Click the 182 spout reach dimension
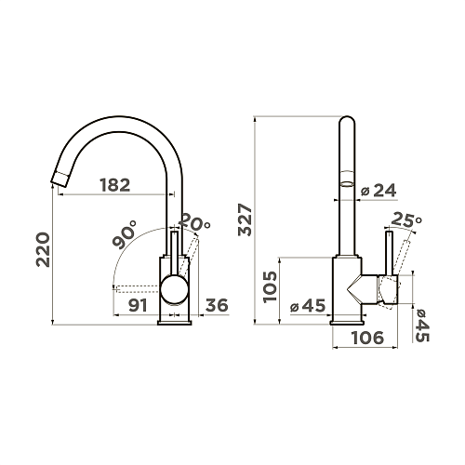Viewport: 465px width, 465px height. click(115, 185)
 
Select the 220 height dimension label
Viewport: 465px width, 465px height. click(43, 249)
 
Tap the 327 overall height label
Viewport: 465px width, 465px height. click(246, 219)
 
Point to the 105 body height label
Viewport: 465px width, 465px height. click(270, 286)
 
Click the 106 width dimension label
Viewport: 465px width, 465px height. click(367, 338)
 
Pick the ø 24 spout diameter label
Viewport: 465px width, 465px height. click(379, 191)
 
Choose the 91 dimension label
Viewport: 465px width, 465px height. click(138, 305)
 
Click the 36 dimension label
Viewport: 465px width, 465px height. click(217, 305)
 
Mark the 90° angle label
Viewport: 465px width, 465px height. click(125, 234)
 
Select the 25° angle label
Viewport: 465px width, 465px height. click(406, 219)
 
